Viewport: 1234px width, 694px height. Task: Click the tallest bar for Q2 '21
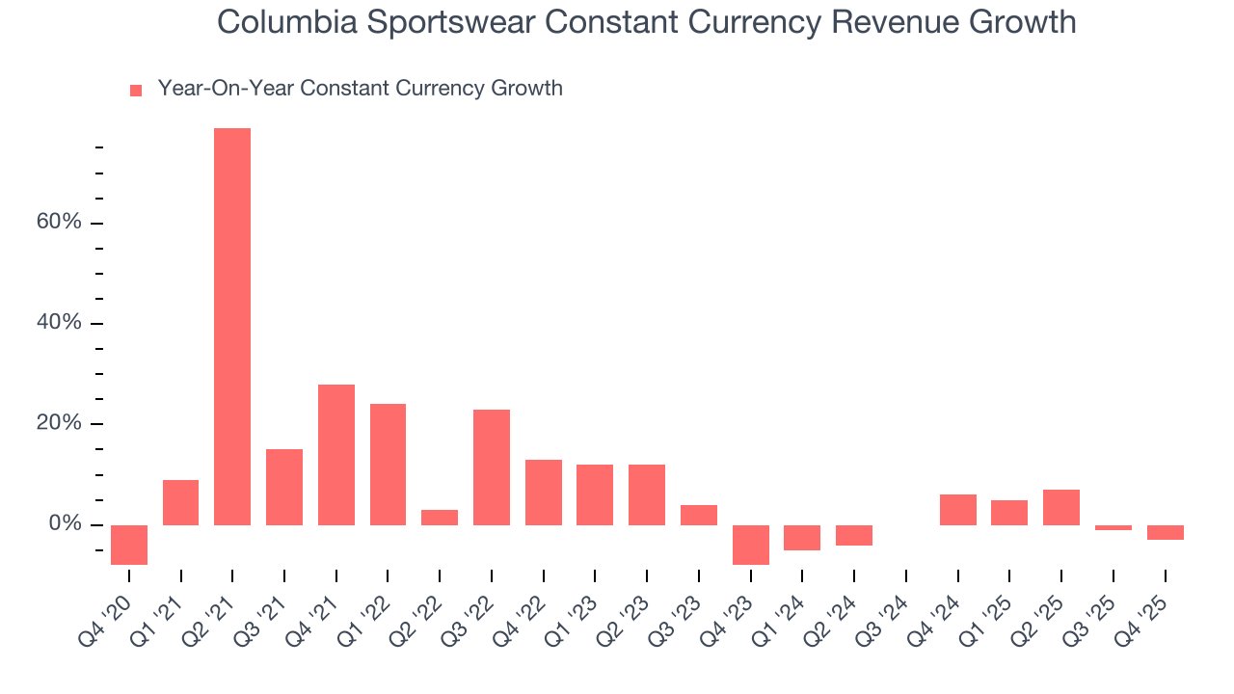point(232,327)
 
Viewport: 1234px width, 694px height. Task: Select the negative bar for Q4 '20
point(129,545)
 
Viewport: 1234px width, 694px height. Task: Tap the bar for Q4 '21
point(336,455)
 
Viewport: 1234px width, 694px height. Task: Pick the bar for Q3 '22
point(492,467)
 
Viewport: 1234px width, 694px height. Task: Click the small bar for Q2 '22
point(440,518)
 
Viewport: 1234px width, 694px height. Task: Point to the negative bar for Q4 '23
point(751,545)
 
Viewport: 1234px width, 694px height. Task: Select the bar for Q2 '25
point(1061,507)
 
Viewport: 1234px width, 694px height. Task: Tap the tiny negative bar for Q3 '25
point(1113,527)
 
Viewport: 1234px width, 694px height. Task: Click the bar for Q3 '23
point(699,515)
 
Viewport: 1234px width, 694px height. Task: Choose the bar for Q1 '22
point(388,465)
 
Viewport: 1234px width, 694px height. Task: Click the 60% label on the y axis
point(59,223)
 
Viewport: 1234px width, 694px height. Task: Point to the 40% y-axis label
point(59,323)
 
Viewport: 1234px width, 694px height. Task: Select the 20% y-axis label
point(59,424)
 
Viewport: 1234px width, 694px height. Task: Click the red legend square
point(136,90)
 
